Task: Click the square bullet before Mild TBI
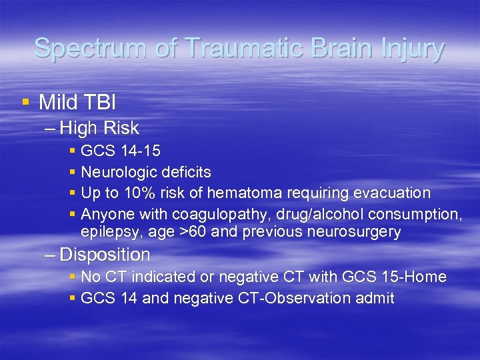coord(26,102)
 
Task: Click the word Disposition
coord(104,255)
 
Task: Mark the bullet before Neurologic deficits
coord(72,172)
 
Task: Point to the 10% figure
coord(147,193)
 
